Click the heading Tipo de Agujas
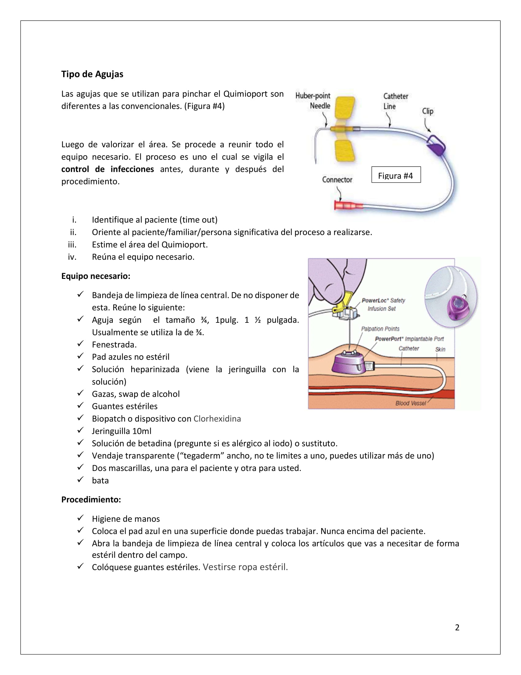tap(92, 74)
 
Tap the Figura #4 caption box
tap(396, 175)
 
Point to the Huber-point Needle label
tap(313, 101)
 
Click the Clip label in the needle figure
tap(428, 111)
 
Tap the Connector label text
tap(337, 179)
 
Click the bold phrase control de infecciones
tap(107, 169)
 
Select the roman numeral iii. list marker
tap(72, 245)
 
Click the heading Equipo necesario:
tap(96, 276)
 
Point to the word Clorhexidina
tap(217, 418)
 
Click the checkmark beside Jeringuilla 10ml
tap(81, 430)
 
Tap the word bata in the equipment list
tap(100, 480)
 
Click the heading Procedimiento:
tap(91, 499)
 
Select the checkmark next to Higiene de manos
tap(81, 518)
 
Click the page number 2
tap(457, 627)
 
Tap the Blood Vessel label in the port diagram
tap(410, 403)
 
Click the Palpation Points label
tap(380, 329)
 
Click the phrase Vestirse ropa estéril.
tap(245, 567)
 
